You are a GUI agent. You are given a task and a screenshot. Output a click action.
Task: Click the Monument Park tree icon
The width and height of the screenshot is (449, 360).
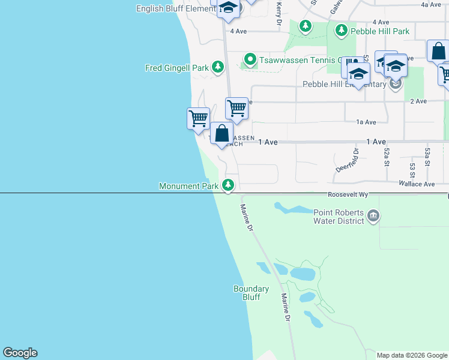pyautogui.click(x=228, y=185)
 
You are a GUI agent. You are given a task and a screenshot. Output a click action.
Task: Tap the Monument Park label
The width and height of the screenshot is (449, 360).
pyautogui.click(x=189, y=187)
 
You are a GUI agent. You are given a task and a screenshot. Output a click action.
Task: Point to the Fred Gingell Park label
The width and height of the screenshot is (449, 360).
pyautogui.click(x=177, y=68)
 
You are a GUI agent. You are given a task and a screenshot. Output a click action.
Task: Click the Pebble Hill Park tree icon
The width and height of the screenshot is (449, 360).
pyautogui.click(x=342, y=29)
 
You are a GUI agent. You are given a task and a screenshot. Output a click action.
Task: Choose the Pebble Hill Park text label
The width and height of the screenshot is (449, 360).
pyautogui.click(x=381, y=31)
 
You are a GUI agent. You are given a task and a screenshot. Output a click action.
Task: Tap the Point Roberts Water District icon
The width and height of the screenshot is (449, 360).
pyautogui.click(x=373, y=215)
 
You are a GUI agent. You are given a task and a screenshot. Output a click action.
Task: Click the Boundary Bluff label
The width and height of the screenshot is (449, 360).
pyautogui.click(x=251, y=293)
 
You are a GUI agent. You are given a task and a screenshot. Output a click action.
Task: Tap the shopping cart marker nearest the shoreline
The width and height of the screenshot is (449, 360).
pyautogui.click(x=198, y=118)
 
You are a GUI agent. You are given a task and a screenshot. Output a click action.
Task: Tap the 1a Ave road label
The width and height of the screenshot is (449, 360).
pyautogui.click(x=366, y=122)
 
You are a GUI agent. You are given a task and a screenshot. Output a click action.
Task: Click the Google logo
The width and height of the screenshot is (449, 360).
pyautogui.click(x=20, y=353)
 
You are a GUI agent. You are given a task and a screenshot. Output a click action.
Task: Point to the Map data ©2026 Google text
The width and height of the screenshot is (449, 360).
pyautogui.click(x=412, y=355)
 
